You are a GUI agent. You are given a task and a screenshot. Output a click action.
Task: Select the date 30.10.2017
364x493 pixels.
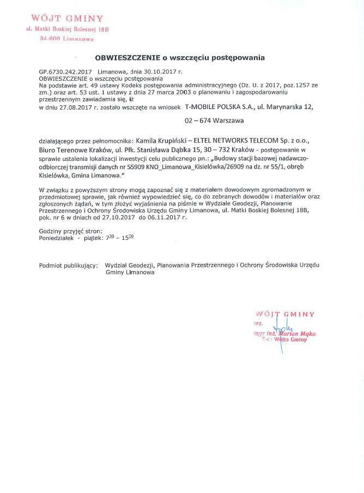point(163,71)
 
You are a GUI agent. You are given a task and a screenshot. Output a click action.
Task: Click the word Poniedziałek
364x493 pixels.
point(57,238)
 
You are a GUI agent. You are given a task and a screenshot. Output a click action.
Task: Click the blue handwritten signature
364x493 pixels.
point(280,330)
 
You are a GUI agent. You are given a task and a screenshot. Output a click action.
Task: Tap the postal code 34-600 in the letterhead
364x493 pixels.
point(50,39)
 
